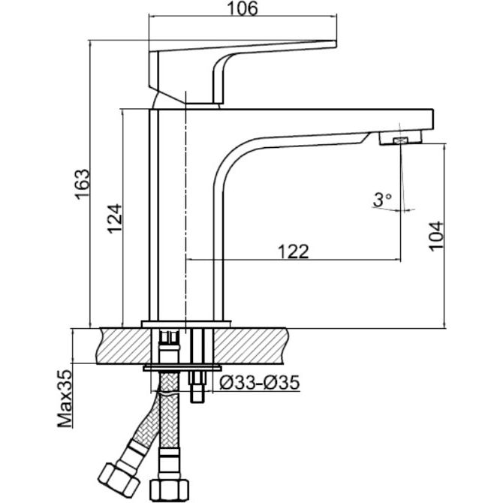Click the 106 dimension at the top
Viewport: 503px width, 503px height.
(242, 9)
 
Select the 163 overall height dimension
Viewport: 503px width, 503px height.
(82, 184)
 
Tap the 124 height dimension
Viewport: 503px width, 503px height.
(115, 218)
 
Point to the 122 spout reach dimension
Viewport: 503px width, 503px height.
(294, 251)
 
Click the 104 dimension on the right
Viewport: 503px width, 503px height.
(436, 236)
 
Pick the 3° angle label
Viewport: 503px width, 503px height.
(382, 200)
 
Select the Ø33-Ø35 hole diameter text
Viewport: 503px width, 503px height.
(260, 382)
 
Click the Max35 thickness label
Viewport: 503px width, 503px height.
(65, 398)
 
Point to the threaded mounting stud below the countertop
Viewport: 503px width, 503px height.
(197, 387)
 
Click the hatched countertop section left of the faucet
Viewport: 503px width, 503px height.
(124, 346)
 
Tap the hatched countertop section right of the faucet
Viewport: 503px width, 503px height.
(250, 346)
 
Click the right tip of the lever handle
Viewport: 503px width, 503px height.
(336, 44)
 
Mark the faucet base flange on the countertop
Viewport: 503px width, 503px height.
(186, 324)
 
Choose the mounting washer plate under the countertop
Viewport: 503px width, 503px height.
(182, 368)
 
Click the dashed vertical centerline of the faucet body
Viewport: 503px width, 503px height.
(185, 212)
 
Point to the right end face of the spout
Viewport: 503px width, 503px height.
(433, 119)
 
